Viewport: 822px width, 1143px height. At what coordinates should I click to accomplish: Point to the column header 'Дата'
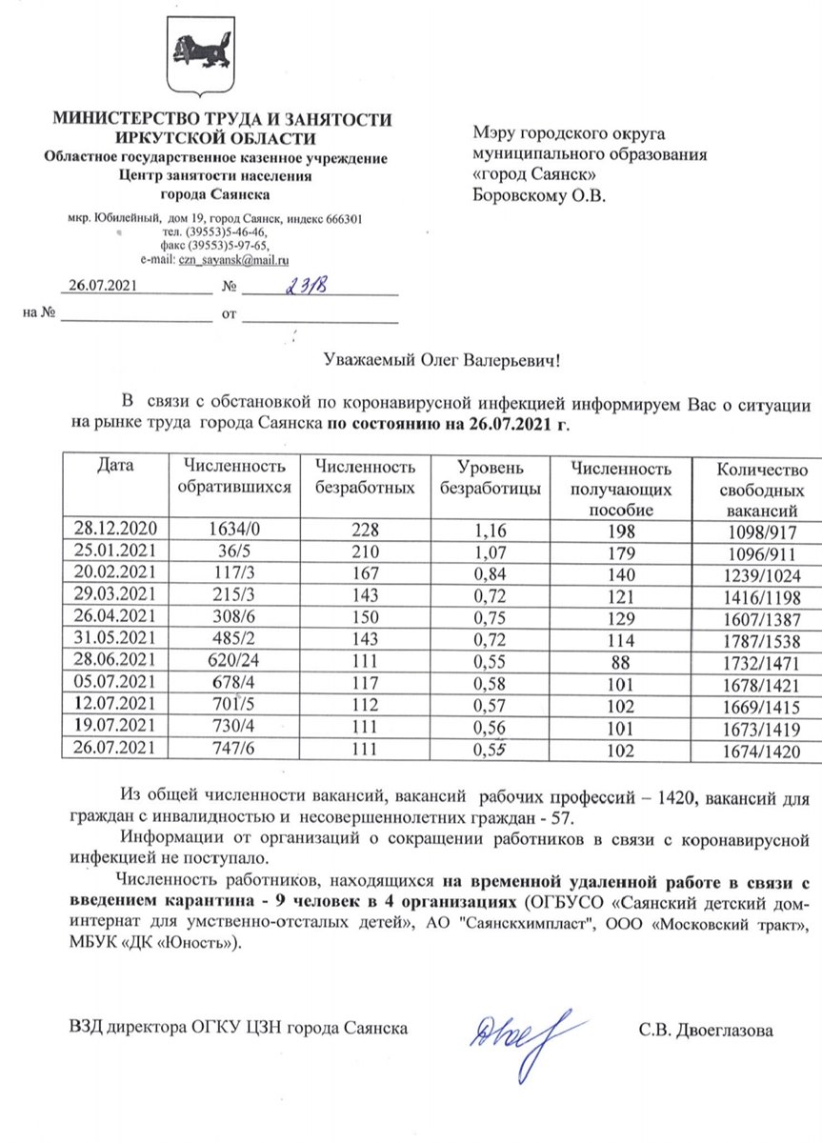(115, 467)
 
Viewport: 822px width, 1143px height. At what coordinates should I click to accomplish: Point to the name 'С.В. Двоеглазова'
(706, 1030)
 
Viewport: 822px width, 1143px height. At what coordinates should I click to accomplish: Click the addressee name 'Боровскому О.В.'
(539, 197)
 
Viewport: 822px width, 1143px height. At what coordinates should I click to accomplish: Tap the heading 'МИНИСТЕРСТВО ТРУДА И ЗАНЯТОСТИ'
(221, 119)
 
